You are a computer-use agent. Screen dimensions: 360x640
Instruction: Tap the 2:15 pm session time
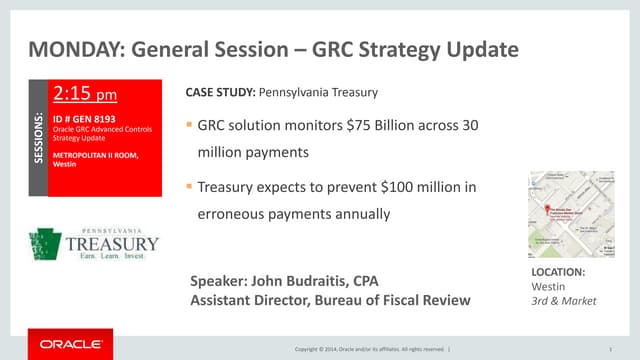coord(85,96)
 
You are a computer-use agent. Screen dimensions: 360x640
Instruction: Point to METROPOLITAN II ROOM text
coord(95,155)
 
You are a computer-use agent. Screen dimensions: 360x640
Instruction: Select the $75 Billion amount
coord(373,128)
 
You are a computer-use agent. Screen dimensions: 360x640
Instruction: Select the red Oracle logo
coord(70,345)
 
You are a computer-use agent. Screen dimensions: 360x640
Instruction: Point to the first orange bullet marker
coord(189,128)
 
